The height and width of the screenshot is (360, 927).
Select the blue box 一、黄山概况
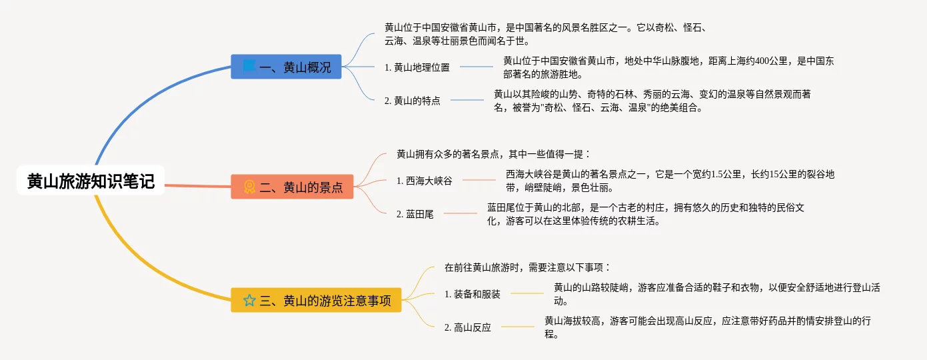coord(287,67)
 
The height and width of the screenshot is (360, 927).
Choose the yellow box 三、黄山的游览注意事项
coord(317,300)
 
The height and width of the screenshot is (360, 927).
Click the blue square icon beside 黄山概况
coord(249,66)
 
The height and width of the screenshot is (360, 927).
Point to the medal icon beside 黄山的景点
coord(249,187)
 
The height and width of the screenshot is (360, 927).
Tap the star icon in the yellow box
coord(249,300)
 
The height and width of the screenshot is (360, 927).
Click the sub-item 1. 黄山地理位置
coord(417,67)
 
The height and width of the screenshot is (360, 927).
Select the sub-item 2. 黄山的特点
coord(413,101)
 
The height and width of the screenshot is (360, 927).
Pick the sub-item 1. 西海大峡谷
coord(424,181)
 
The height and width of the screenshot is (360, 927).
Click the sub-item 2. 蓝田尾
coord(415,214)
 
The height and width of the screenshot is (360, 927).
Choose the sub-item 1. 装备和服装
coord(472,294)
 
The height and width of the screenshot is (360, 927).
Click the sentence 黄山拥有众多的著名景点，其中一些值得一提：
coord(494,154)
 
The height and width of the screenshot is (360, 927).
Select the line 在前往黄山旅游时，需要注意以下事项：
coord(528,267)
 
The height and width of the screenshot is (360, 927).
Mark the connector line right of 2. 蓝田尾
coord(460,213)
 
